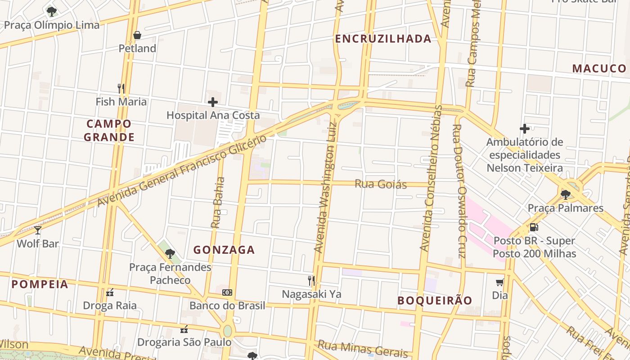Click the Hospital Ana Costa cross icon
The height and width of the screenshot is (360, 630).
point(213,102)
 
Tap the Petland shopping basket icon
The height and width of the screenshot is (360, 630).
point(137,35)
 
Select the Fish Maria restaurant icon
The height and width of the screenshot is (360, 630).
point(121,88)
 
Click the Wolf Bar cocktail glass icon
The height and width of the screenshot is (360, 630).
point(38,230)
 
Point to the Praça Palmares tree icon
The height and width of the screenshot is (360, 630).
point(566,194)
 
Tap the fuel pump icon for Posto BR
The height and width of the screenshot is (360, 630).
point(534,227)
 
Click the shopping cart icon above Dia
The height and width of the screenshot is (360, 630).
point(499,282)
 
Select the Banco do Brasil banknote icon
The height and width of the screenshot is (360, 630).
point(227,292)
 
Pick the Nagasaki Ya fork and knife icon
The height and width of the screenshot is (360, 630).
point(311,281)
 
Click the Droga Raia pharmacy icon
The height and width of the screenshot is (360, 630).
point(110,292)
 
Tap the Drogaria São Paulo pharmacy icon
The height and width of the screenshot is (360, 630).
point(184,329)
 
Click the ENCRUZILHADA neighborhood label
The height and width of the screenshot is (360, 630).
point(383,39)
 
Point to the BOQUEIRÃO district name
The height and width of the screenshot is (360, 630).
point(435,301)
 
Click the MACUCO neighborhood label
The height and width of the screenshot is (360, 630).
point(599,68)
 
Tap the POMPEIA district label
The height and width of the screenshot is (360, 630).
point(40,284)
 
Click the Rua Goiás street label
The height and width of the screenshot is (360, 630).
point(381,184)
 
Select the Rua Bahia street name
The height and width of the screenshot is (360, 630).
point(218,202)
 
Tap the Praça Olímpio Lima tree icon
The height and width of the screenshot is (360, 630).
point(52,11)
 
